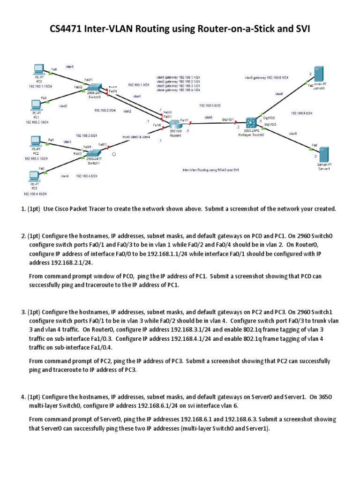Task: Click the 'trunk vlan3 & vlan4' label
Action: pos(136,137)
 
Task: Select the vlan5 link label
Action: pos(209,117)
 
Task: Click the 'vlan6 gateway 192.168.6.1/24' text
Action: pos(266,77)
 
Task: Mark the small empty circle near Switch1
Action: pos(113,153)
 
